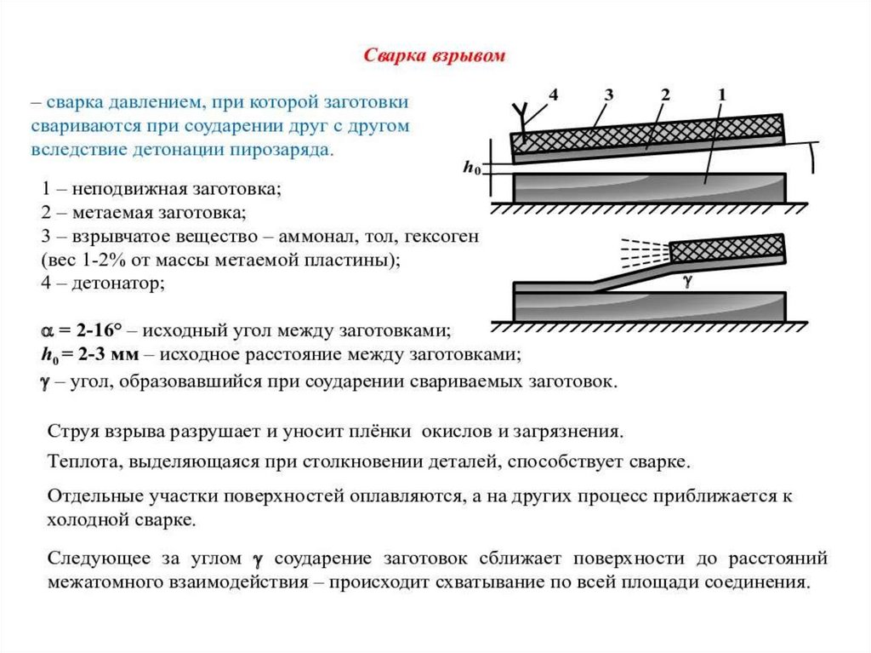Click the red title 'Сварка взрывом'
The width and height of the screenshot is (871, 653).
point(435,56)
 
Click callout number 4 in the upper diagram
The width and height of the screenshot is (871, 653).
point(553,95)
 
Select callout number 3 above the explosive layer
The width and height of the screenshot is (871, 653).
point(609,95)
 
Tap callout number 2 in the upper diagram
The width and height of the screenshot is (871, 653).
point(665,95)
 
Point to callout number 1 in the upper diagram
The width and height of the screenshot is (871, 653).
point(720,95)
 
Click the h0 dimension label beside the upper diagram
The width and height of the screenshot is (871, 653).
point(471,169)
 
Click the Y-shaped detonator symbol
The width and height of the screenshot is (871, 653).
point(520,112)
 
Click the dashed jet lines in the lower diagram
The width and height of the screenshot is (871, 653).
point(643,251)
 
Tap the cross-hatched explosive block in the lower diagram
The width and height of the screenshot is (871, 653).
point(727,247)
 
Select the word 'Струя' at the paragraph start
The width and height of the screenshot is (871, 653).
point(71,432)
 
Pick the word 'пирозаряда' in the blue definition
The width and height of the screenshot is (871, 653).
point(290,150)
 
